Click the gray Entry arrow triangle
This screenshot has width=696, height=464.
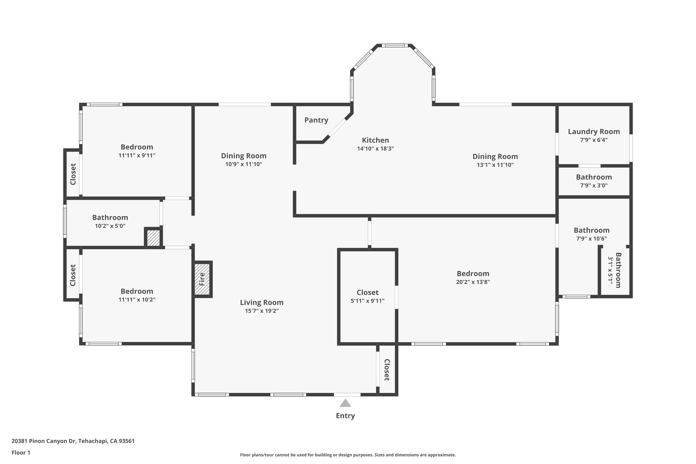click(345, 403)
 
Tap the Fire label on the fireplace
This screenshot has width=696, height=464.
click(202, 279)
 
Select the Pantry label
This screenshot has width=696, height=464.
click(316, 120)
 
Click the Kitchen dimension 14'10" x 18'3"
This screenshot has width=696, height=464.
click(375, 149)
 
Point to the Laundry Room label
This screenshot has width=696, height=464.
click(594, 132)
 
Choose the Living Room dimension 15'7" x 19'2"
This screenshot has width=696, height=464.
click(262, 311)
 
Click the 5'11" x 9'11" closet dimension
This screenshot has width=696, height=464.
click(367, 300)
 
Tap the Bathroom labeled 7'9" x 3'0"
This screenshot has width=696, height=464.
click(594, 177)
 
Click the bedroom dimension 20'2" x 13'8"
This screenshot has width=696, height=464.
click(473, 282)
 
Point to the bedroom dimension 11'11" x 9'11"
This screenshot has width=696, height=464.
click(137, 155)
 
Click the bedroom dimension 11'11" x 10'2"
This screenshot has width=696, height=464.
click(137, 299)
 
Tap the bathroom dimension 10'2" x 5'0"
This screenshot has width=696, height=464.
click(110, 226)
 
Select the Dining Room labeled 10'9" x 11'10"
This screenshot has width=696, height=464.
click(244, 156)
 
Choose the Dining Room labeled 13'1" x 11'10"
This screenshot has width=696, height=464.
click(495, 157)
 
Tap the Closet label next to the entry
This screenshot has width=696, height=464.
click(387, 370)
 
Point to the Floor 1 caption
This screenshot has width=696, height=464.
click(21, 452)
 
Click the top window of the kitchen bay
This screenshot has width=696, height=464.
click(394, 45)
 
